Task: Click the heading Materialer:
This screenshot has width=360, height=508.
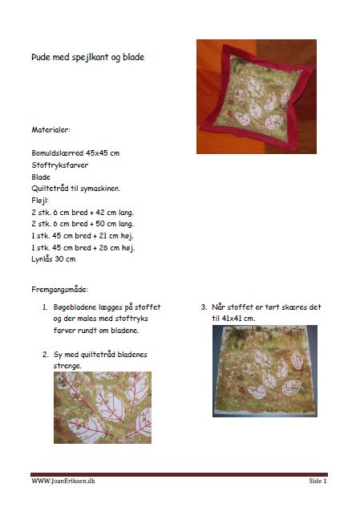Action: [x=51, y=130]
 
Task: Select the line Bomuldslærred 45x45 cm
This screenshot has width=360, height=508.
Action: [x=75, y=153]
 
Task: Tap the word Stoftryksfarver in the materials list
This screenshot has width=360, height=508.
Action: [x=60, y=165]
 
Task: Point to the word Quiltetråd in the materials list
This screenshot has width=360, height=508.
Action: [x=48, y=189]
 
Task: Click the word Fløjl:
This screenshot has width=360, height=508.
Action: [x=40, y=201]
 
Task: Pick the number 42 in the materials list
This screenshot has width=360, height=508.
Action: [x=100, y=213]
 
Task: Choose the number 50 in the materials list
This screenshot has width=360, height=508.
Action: [x=100, y=224]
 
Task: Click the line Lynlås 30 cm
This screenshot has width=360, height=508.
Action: [x=54, y=259]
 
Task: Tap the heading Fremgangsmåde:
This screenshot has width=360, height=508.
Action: [x=60, y=290]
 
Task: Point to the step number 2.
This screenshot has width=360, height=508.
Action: [x=46, y=355]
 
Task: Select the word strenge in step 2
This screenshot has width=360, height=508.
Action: [x=67, y=367]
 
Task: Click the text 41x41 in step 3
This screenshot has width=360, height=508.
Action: [x=232, y=319]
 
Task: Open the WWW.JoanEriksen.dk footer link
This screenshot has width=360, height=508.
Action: [x=63, y=481]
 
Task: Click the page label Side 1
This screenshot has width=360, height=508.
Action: [x=318, y=481]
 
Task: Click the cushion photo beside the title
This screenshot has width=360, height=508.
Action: [x=257, y=96]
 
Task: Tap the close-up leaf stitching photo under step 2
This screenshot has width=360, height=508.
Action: [x=103, y=408]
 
